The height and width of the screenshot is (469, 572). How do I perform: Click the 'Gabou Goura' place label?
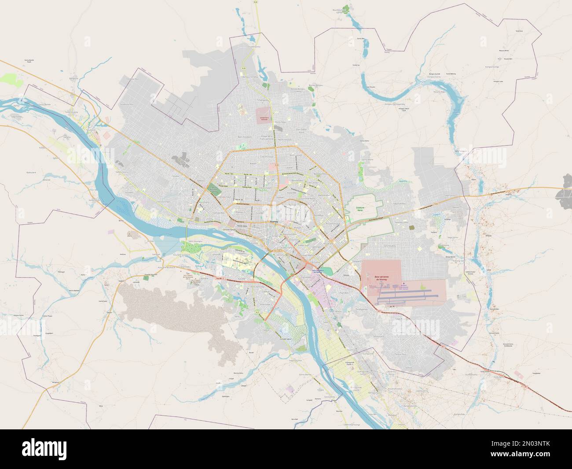pyautogui.click(x=122, y=173)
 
